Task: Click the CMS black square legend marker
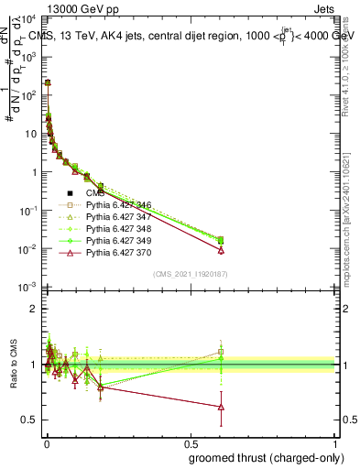tap(70, 193)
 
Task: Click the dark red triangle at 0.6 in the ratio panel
tap(221, 407)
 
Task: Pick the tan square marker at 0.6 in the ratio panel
tap(221, 351)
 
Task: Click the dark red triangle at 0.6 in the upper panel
tap(221, 250)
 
